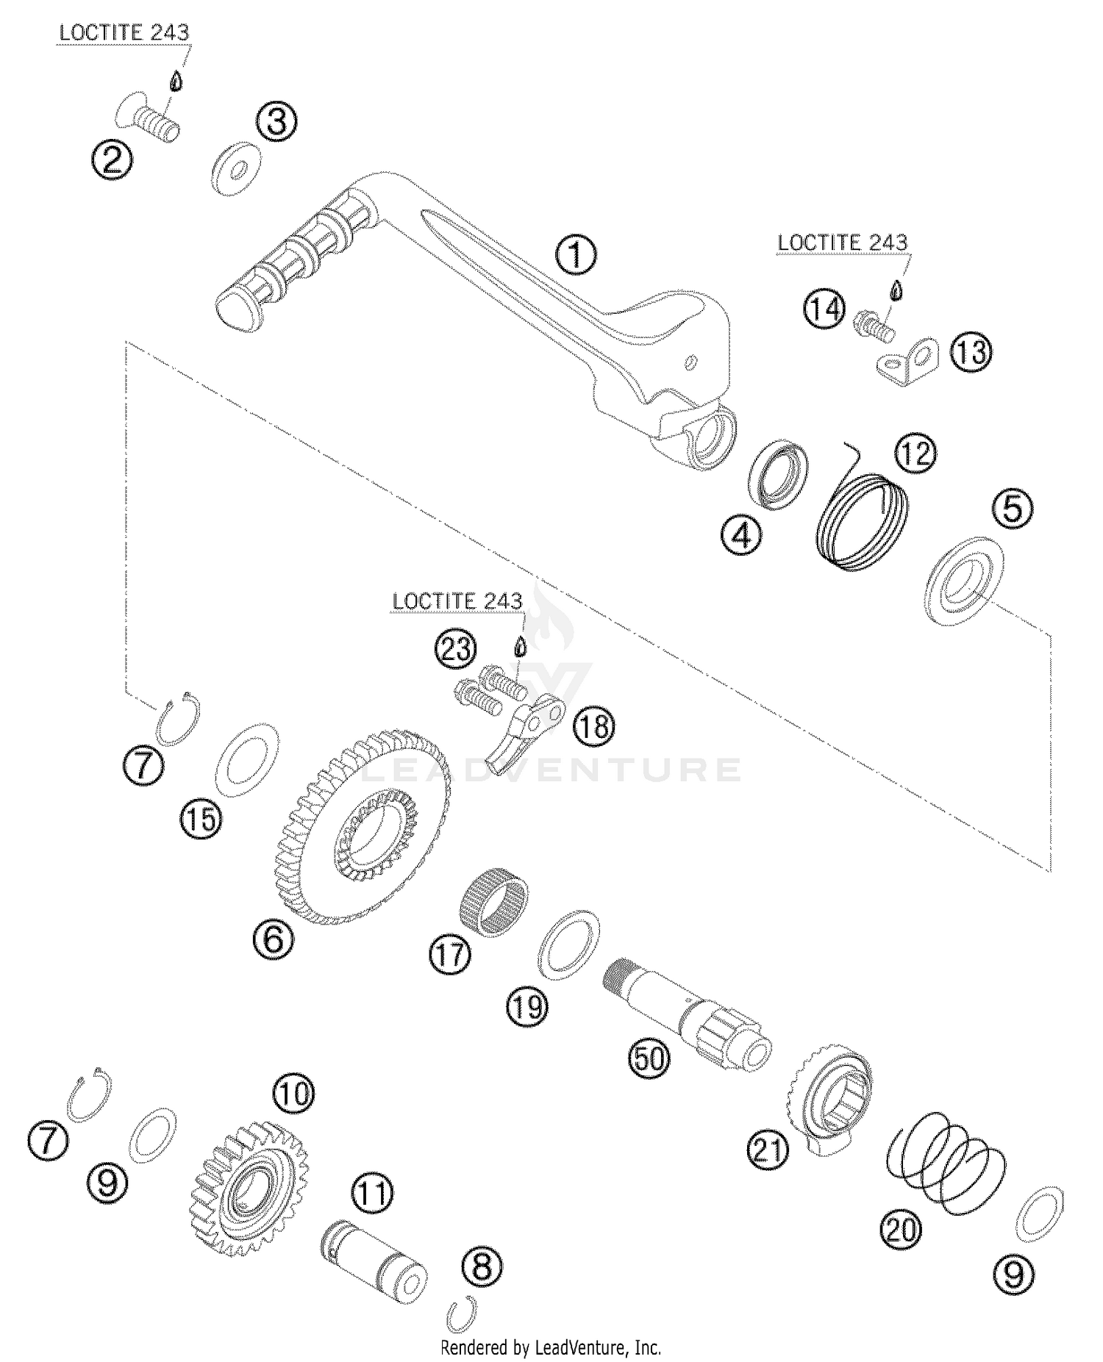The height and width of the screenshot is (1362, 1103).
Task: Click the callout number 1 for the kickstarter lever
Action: tap(576, 255)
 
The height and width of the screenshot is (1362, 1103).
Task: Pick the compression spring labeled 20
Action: tap(946, 1170)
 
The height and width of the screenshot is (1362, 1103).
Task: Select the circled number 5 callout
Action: tap(1013, 508)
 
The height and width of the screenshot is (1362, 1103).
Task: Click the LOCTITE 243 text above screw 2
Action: tap(124, 33)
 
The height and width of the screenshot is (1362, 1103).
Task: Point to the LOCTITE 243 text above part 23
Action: tap(457, 601)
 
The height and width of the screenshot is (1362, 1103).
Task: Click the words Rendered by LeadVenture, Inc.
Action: tap(550, 1348)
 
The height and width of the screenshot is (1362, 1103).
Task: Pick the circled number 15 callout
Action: tap(201, 818)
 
